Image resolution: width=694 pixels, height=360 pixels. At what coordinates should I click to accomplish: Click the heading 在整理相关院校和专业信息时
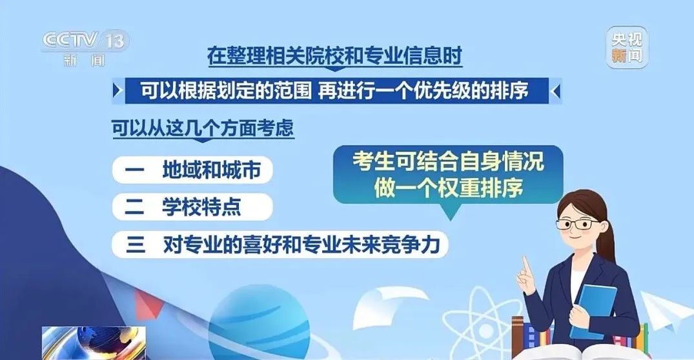tap(334, 56)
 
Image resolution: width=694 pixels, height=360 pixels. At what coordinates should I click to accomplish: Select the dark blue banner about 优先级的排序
tap(337, 91)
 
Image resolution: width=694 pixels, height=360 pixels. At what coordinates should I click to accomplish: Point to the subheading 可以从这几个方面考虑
tap(203, 128)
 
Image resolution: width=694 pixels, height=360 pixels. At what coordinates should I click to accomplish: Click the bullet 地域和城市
tap(192, 170)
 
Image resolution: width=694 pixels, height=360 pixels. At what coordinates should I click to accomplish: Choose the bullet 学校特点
tap(192, 206)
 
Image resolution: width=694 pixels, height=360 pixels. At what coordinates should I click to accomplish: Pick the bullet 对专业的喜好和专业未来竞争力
tap(280, 244)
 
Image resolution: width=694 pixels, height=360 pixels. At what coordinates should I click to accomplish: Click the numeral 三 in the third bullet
tap(136, 244)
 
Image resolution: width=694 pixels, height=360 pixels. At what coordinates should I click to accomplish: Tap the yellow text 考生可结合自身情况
tap(448, 161)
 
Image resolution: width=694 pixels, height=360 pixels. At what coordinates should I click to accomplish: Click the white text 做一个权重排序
tap(448, 188)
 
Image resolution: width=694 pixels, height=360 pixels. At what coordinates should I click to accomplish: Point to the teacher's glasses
tap(578, 223)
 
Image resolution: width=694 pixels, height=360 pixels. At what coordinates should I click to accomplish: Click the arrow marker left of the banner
tap(117, 91)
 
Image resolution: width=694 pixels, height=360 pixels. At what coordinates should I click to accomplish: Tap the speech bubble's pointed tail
tap(450, 212)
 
